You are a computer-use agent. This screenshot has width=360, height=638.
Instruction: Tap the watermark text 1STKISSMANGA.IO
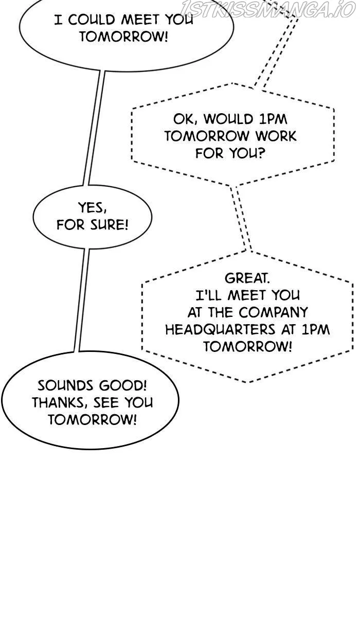click(268, 9)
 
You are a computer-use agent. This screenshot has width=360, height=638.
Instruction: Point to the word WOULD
click(228, 119)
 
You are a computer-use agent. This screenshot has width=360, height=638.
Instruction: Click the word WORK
click(276, 136)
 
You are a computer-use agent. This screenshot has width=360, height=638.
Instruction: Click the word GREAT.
click(247, 278)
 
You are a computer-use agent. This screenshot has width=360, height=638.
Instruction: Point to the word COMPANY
click(273, 312)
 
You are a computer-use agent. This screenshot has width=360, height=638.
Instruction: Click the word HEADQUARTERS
click(220, 330)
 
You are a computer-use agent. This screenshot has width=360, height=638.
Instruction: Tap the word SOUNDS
click(65, 386)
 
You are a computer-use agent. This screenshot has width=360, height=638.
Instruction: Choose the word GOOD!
click(123, 386)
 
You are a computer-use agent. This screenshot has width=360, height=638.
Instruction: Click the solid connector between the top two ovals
click(94, 128)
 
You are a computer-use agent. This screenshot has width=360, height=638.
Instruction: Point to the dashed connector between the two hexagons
click(241, 219)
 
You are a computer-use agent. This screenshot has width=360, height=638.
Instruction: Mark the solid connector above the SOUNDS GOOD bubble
click(82, 300)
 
